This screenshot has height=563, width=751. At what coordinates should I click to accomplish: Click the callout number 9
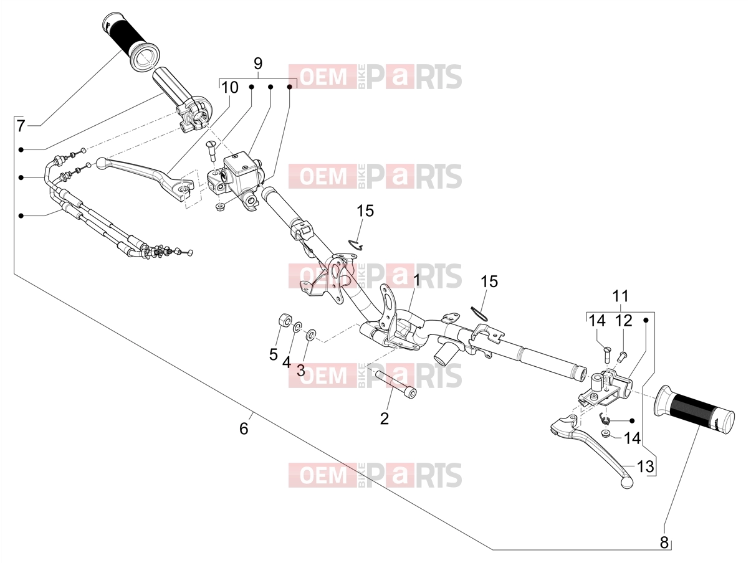[x=258, y=64]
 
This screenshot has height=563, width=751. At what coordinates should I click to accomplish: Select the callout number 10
[x=229, y=88]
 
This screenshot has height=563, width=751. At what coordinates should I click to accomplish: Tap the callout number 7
[x=21, y=126]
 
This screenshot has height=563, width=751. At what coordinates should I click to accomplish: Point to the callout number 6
[x=244, y=428]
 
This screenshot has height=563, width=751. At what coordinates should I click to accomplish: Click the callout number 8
[x=664, y=542]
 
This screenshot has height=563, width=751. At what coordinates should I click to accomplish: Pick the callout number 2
[x=385, y=419]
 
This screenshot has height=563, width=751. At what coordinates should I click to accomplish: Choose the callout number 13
[x=646, y=466]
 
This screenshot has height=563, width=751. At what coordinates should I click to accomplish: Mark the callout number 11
[x=620, y=296]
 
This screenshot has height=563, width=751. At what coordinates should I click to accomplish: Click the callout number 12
[x=624, y=321]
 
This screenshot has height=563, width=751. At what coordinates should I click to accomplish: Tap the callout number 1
[x=417, y=280]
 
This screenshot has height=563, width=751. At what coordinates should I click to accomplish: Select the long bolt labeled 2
[x=396, y=384]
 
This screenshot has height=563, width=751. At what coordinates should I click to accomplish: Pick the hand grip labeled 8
[x=694, y=410]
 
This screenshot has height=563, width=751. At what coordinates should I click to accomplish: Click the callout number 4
[x=286, y=362]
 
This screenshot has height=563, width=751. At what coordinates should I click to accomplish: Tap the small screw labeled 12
[x=621, y=357]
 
